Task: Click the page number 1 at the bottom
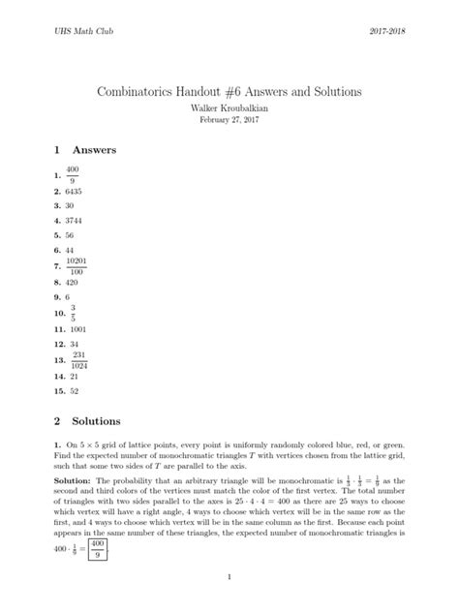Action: point(229,577)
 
